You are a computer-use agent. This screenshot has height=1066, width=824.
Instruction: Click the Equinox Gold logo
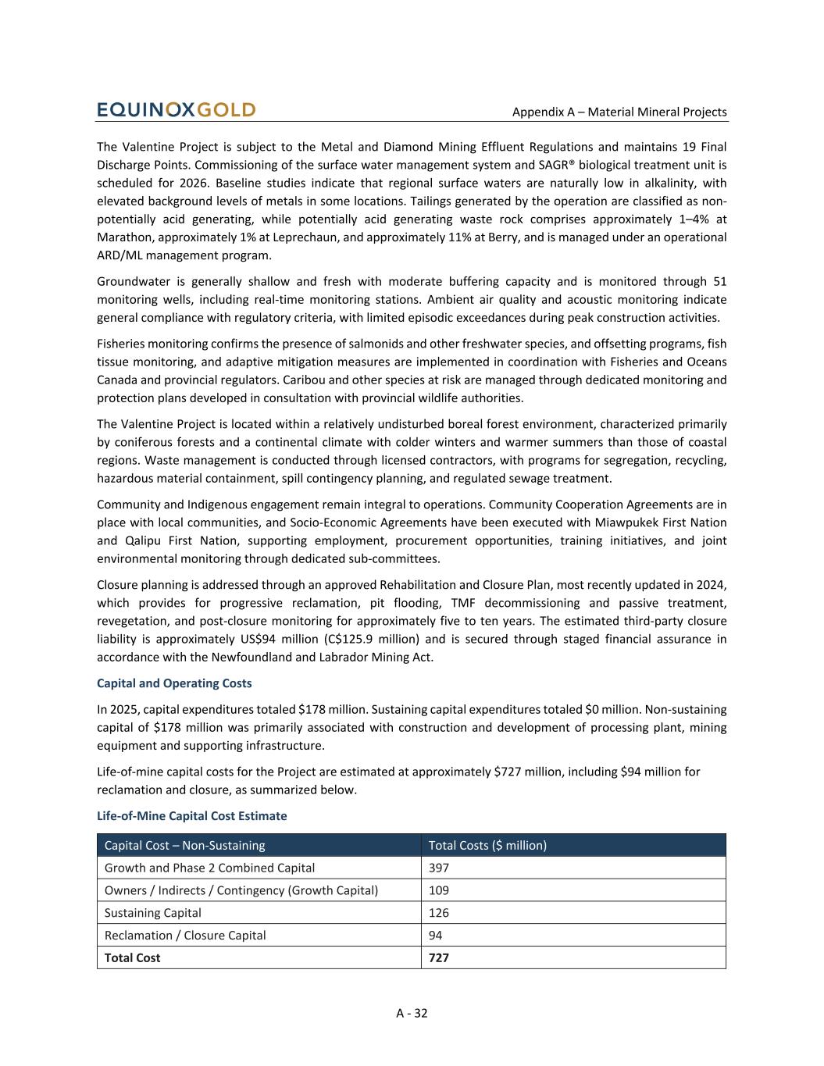pyautogui.click(x=177, y=110)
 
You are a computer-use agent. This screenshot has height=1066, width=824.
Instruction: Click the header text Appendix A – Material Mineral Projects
pyautogui.click(x=619, y=112)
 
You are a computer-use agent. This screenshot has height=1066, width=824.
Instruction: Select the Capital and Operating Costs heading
pyautogui.click(x=174, y=683)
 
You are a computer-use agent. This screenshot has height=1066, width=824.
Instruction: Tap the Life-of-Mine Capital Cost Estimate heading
pyautogui.click(x=191, y=816)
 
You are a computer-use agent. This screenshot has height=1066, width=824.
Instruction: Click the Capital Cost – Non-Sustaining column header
pyautogui.click(x=185, y=845)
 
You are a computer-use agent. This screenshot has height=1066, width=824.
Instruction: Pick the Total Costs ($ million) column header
pyautogui.click(x=487, y=845)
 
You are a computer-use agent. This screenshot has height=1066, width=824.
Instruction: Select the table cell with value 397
pyautogui.click(x=439, y=868)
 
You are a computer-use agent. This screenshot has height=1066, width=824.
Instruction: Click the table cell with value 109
pyautogui.click(x=439, y=890)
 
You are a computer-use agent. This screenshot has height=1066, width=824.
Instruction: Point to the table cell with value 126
pyautogui.click(x=439, y=913)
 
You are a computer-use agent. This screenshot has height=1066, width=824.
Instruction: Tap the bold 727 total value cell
pyautogui.click(x=439, y=958)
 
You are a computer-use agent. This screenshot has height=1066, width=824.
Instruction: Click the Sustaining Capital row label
pyautogui.click(x=153, y=913)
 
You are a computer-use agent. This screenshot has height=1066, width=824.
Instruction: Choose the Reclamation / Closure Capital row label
pyautogui.click(x=185, y=936)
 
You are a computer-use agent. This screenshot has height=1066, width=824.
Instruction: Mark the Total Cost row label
pyautogui.click(x=133, y=958)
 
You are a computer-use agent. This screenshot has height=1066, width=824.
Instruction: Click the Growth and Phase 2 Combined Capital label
pyautogui.click(x=209, y=868)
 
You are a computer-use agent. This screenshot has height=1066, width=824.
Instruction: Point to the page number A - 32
pyautogui.click(x=412, y=1013)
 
